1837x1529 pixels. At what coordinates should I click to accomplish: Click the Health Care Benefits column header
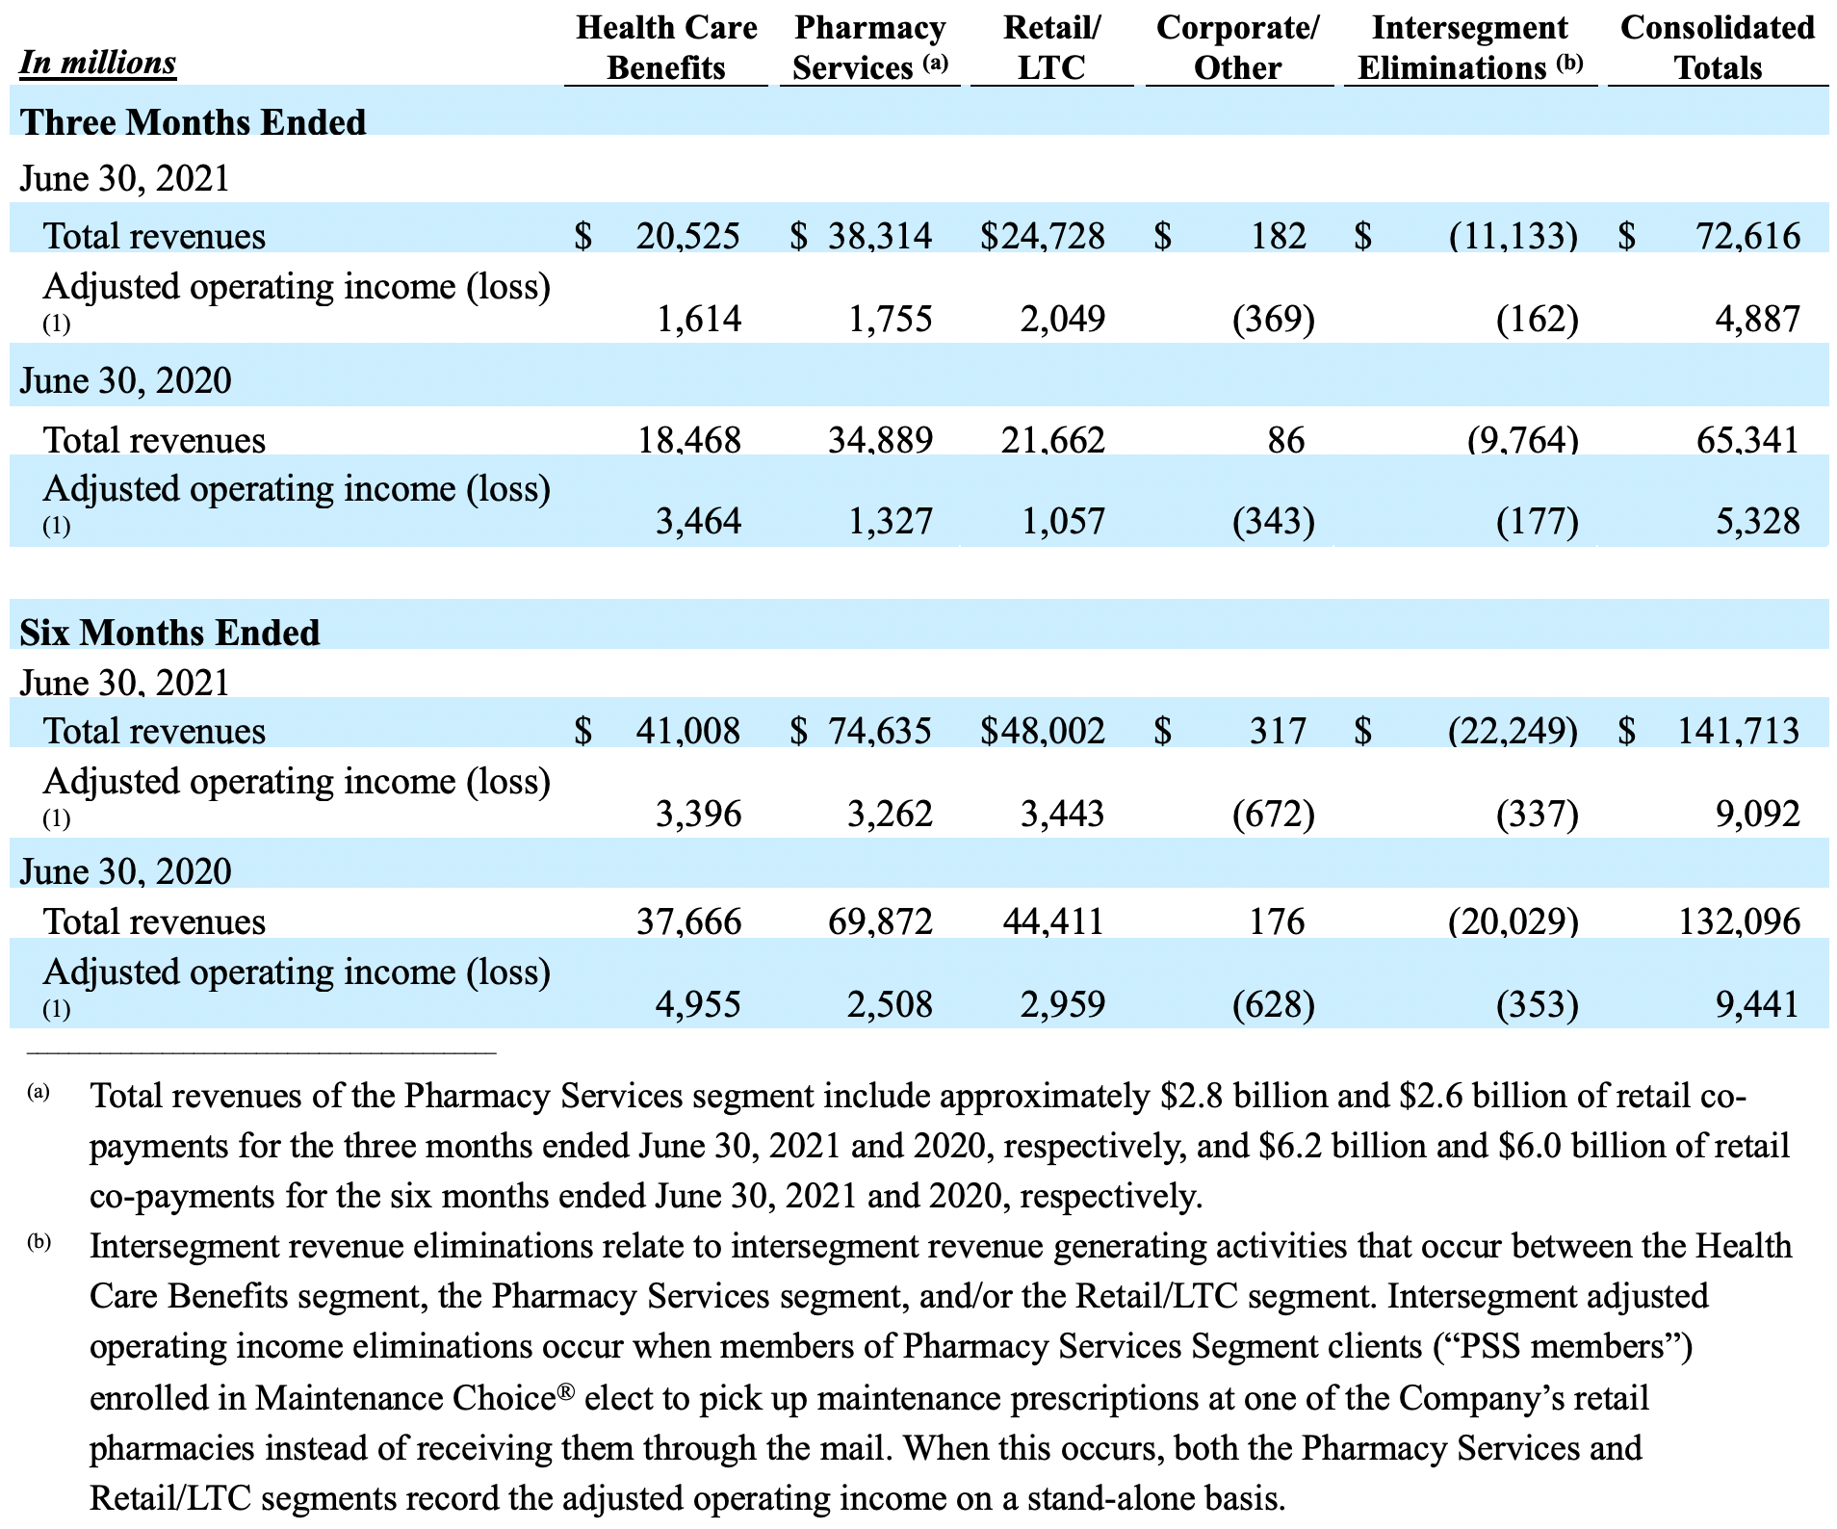tap(666, 47)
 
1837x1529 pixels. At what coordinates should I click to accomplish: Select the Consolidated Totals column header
tap(1718, 47)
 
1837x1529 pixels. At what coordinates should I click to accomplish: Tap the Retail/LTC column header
tap(1051, 47)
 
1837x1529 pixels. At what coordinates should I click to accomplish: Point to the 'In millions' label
tap(97, 63)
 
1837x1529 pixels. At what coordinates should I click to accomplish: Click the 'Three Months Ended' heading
tap(193, 122)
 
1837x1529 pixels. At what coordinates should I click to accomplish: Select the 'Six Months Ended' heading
tap(169, 633)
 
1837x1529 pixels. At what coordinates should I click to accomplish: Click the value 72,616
tap(1747, 236)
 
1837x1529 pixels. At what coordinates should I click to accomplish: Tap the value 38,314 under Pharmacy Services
tap(880, 236)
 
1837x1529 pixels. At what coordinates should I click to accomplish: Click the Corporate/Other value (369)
tap(1273, 319)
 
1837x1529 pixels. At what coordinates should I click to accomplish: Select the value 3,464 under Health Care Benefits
tap(698, 521)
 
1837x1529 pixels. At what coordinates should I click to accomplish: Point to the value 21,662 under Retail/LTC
tap(1052, 440)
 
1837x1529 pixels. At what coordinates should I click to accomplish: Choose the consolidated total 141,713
tap(1739, 731)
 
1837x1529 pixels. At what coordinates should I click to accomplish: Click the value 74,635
tap(880, 731)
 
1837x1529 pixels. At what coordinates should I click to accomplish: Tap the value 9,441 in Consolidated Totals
tap(1757, 1004)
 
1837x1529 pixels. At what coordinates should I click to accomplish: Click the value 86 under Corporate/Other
tap(1286, 440)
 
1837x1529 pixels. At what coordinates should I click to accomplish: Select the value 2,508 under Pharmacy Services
tap(890, 1004)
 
